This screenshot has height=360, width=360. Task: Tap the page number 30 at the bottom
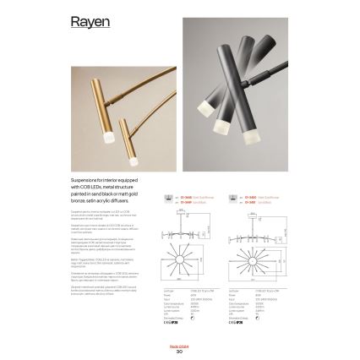[x=179, y=352]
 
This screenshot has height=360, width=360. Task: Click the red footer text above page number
[x=179, y=346]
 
